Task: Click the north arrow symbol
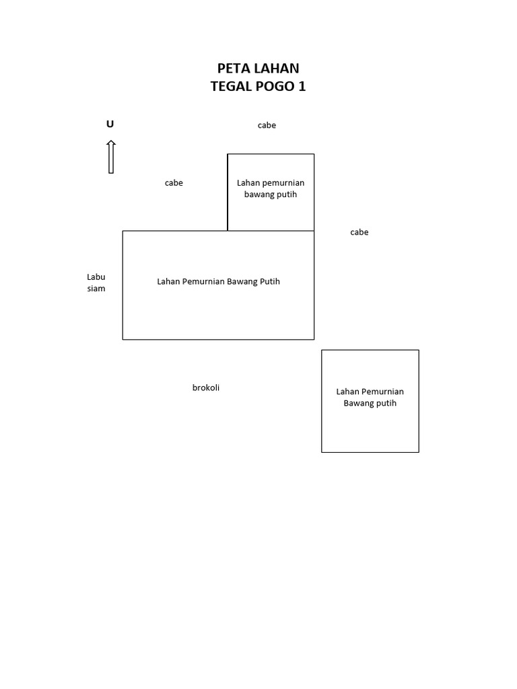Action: point(111,157)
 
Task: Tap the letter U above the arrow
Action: point(110,124)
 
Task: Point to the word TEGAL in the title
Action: point(230,87)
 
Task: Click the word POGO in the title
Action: point(275,87)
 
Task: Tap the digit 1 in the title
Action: point(302,87)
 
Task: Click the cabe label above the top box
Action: point(267,125)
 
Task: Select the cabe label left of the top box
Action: point(174,183)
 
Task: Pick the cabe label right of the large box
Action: point(359,232)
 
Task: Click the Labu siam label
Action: point(96,283)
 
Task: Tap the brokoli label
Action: point(206,388)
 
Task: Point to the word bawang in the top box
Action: point(258,194)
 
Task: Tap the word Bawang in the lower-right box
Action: point(359,403)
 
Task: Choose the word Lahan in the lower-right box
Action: point(348,392)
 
